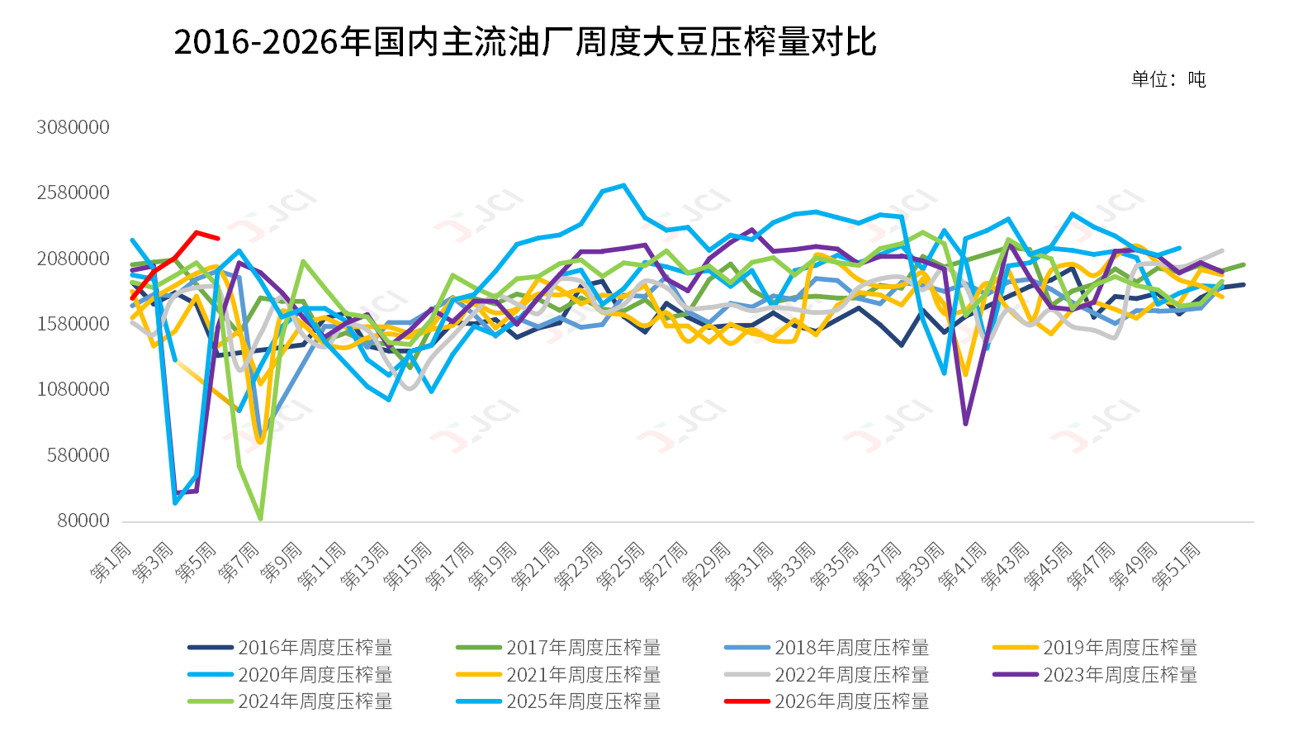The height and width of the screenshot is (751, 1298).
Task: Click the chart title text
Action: click(x=525, y=41)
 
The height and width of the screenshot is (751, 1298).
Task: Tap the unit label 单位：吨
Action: click(x=1168, y=79)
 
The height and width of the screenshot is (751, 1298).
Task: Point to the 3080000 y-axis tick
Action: click(x=73, y=127)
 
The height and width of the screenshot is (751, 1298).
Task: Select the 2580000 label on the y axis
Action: click(x=73, y=193)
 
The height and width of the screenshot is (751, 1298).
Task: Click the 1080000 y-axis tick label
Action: click(x=73, y=389)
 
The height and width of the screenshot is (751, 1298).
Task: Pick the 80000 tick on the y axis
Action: click(x=83, y=520)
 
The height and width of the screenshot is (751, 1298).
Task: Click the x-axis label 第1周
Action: click(x=112, y=562)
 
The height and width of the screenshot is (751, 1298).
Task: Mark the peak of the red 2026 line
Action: click(x=197, y=232)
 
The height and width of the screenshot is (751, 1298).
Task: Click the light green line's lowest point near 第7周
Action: click(x=261, y=518)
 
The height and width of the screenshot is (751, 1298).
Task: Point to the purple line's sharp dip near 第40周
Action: click(x=965, y=424)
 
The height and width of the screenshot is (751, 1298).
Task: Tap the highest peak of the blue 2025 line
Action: click(x=623, y=185)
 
